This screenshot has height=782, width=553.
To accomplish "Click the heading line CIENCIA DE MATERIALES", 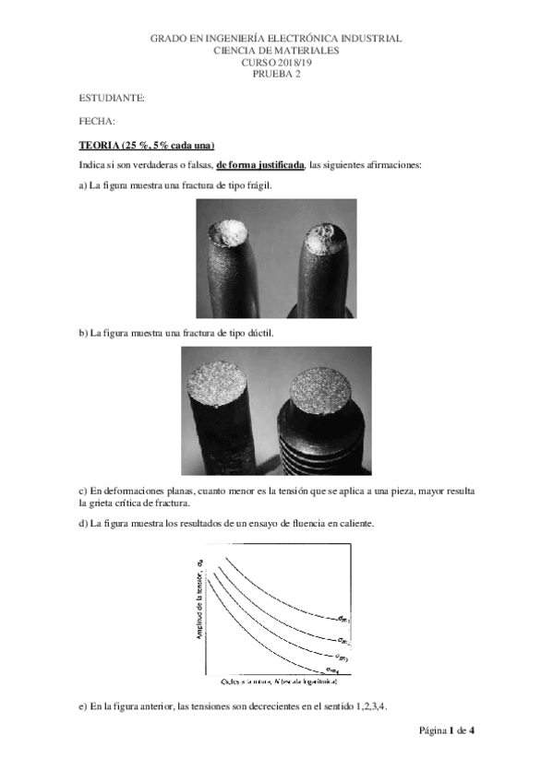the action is coord(276,51).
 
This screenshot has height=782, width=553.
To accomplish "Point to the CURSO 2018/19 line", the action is coord(276,63).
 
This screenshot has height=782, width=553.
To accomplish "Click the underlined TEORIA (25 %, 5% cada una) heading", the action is coord(147,145).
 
